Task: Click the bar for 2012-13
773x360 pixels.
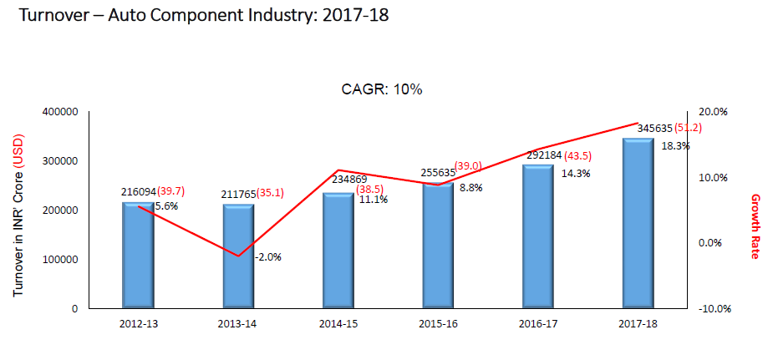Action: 138,256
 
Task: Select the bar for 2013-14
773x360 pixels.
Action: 238,256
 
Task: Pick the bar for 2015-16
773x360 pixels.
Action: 438,246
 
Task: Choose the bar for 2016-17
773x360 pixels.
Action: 537,236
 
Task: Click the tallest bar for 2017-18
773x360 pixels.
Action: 638,223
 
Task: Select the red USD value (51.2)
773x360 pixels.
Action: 688,129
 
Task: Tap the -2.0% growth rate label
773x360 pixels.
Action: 268,257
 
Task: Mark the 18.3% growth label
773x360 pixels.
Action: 675,145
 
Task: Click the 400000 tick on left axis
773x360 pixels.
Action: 60,112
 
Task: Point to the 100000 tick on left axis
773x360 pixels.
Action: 60,260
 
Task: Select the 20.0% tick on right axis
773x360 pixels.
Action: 713,112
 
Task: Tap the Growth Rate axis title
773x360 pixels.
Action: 755,226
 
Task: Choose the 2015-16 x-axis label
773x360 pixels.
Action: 438,323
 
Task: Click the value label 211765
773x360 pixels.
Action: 238,193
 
